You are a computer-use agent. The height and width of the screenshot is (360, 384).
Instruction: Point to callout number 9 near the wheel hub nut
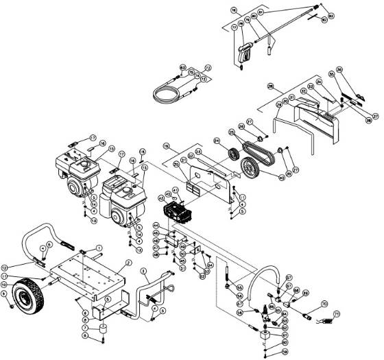tap(5, 295)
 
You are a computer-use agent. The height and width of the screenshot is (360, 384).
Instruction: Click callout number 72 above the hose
tap(208, 67)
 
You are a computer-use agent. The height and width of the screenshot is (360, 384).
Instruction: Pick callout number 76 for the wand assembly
tap(234, 10)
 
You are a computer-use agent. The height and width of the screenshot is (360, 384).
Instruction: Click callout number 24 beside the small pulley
tap(217, 142)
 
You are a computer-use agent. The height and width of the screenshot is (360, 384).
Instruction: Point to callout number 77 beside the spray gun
tap(235, 27)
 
